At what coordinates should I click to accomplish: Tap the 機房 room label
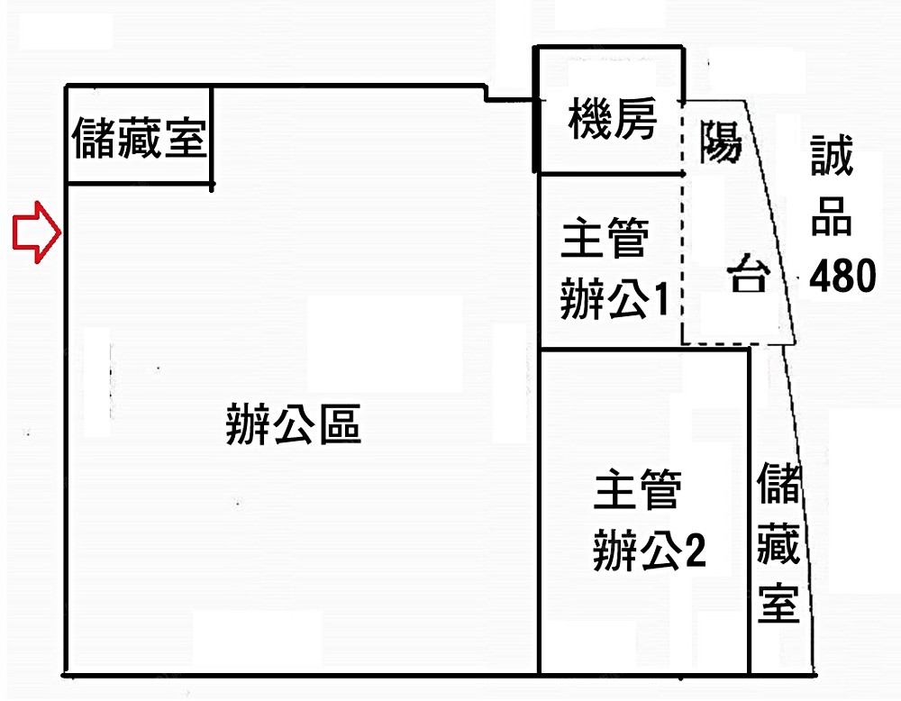click(613, 119)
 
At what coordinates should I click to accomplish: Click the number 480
click(842, 276)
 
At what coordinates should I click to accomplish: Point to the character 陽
click(721, 142)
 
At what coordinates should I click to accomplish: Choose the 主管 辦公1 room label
click(613, 270)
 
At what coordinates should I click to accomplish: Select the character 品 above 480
click(831, 216)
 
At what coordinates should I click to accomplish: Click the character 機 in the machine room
click(590, 119)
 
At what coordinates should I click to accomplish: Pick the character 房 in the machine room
click(636, 119)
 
